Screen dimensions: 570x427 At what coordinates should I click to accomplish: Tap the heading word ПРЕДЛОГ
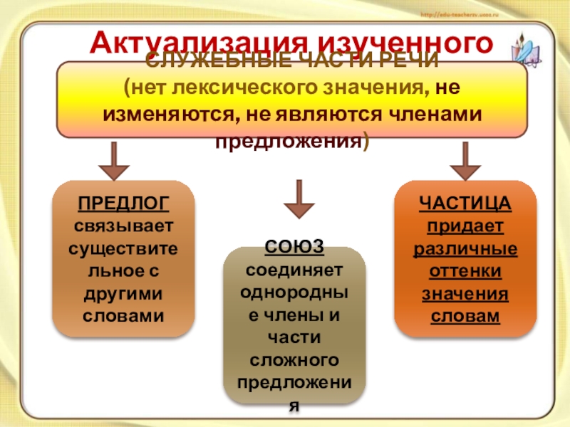click(124, 203)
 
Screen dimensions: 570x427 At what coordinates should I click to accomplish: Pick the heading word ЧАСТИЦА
click(465, 203)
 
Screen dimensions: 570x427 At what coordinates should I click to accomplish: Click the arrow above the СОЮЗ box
click(299, 200)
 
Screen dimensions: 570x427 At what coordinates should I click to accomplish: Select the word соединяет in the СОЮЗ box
click(294, 270)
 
